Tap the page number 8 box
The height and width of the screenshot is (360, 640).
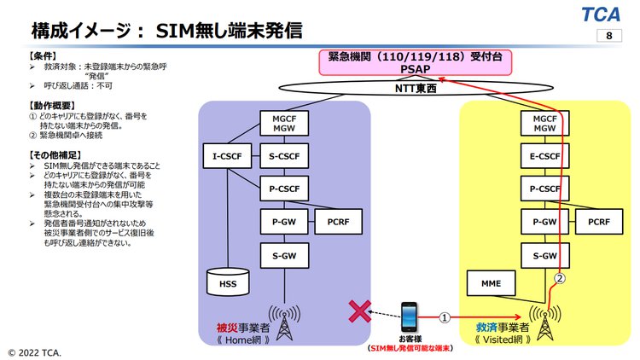608,36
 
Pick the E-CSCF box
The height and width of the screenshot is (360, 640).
539,156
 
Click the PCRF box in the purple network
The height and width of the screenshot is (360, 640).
338,223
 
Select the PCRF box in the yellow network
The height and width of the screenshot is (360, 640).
597,223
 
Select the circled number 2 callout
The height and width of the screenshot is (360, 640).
560,278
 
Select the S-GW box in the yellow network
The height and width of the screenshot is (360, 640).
539,255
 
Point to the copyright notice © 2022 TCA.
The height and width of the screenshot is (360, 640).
36,351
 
